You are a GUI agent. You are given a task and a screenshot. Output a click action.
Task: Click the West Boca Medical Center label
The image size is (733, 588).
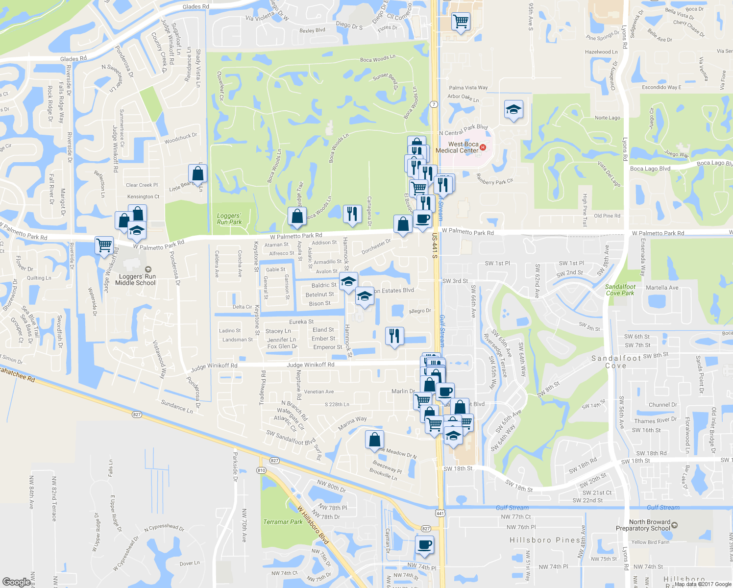[x=457, y=147]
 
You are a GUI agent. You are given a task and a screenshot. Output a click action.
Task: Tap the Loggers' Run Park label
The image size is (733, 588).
[x=229, y=219]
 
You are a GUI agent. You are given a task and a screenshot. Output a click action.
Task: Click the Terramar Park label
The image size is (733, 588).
[x=283, y=522]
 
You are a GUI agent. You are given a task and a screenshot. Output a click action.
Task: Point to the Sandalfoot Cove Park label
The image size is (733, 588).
[x=620, y=290]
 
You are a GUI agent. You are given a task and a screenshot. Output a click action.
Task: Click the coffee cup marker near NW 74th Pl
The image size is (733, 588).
[x=424, y=544]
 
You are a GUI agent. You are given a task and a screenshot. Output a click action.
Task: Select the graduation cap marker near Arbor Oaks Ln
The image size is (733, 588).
[x=513, y=110]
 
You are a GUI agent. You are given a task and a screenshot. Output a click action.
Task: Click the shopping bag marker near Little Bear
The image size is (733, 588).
[x=197, y=173]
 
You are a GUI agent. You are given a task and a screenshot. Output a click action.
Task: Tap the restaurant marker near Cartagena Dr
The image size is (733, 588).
[x=352, y=214]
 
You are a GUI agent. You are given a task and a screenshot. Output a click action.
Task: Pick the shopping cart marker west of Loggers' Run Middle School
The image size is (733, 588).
[x=104, y=245]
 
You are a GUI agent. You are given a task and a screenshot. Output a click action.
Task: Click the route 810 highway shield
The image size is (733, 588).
[x=261, y=470]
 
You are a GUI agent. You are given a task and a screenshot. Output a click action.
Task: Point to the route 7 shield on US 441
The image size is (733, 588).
[x=434, y=104]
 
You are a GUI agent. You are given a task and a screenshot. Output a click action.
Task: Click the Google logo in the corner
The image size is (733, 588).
[x=16, y=582]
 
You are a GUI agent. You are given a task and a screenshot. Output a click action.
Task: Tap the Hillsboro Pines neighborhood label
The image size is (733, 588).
[x=545, y=540]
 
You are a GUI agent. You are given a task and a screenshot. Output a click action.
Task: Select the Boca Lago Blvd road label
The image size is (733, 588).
[x=650, y=169]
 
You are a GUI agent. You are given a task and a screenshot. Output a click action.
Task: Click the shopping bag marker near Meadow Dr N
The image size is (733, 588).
[x=374, y=440]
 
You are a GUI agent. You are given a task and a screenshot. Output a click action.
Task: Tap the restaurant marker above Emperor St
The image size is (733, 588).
[x=394, y=336]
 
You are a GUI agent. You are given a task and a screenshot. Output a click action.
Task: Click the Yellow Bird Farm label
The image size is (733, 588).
[x=650, y=542]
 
